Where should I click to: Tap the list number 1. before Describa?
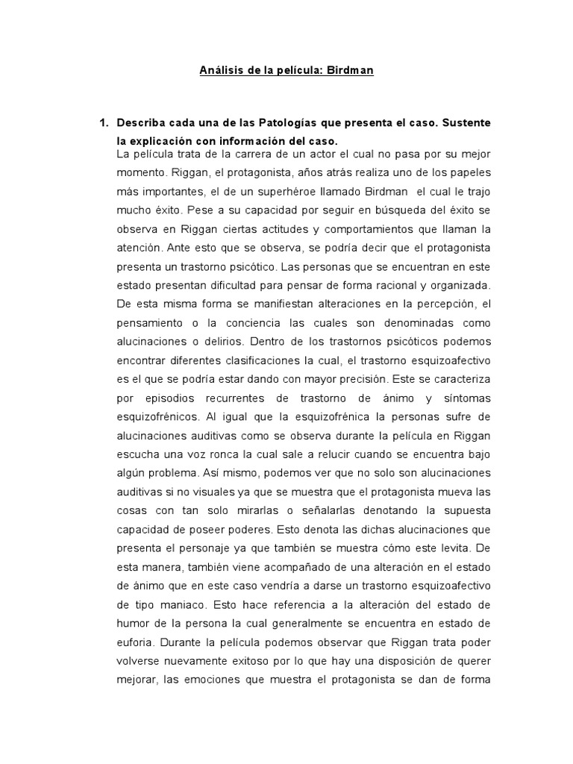coord(104,122)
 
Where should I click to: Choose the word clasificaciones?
coord(260,361)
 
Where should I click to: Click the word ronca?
coord(232,454)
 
